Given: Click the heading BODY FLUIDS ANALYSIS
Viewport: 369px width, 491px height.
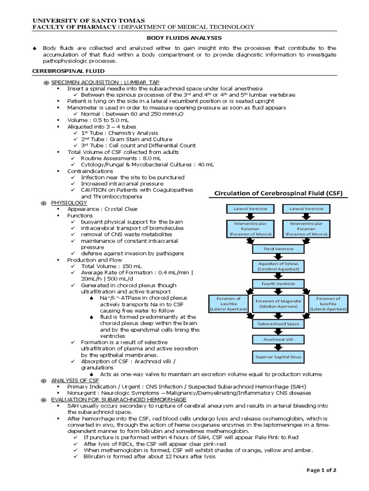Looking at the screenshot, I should pyautogui.click(x=184, y=37).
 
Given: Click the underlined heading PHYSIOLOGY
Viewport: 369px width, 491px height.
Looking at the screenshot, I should pyautogui.click(x=69, y=203).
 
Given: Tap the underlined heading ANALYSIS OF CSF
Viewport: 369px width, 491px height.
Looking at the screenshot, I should pyautogui.click(x=75, y=380).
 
